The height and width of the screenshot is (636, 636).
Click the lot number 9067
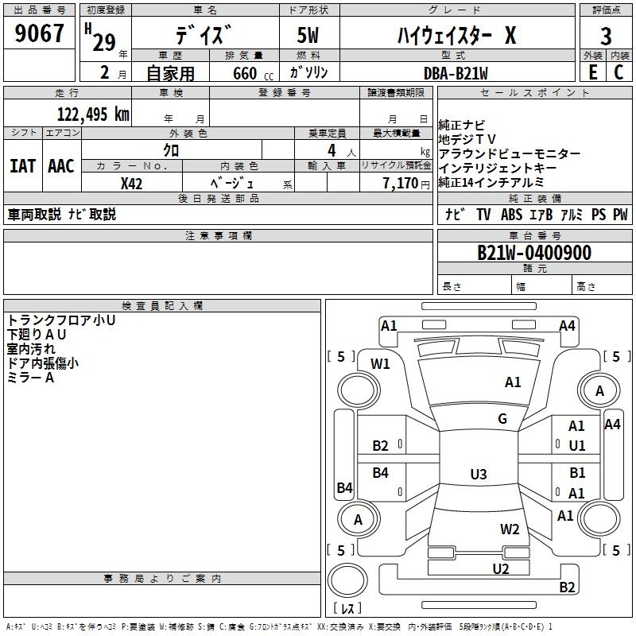41,34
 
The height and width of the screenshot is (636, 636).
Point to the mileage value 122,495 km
94,114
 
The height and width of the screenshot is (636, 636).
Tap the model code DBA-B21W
456,73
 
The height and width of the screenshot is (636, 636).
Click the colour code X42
131,184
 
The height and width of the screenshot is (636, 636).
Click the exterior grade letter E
592,73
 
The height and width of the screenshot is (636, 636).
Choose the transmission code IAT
22,166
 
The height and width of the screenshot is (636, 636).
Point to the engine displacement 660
245,74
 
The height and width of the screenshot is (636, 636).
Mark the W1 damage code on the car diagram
381,364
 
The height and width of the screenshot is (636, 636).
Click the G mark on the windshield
502,419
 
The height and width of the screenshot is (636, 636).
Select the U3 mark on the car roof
478,475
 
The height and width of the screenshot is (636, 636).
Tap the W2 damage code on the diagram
510,529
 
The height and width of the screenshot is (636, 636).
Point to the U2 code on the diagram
500,568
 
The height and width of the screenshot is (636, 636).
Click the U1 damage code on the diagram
577,446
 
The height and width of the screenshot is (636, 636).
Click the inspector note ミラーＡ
31,378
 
